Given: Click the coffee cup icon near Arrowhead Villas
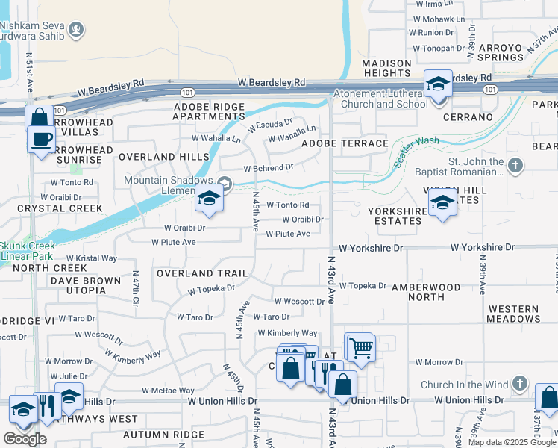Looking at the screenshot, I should [x=42, y=139].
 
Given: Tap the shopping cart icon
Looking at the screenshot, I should [x=361, y=347].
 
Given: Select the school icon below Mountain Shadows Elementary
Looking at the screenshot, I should [x=209, y=199].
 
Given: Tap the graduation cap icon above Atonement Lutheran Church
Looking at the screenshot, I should [x=438, y=84].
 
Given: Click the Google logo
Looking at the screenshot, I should [x=25, y=439].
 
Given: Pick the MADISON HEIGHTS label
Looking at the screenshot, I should [x=386, y=68].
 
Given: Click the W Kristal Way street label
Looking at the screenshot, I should [x=96, y=258].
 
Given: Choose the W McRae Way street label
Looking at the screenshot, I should [x=170, y=391].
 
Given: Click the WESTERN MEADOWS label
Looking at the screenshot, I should [x=513, y=314].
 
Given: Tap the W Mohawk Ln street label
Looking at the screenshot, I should [x=439, y=19].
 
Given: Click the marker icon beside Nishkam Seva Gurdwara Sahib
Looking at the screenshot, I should [x=75, y=31].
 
